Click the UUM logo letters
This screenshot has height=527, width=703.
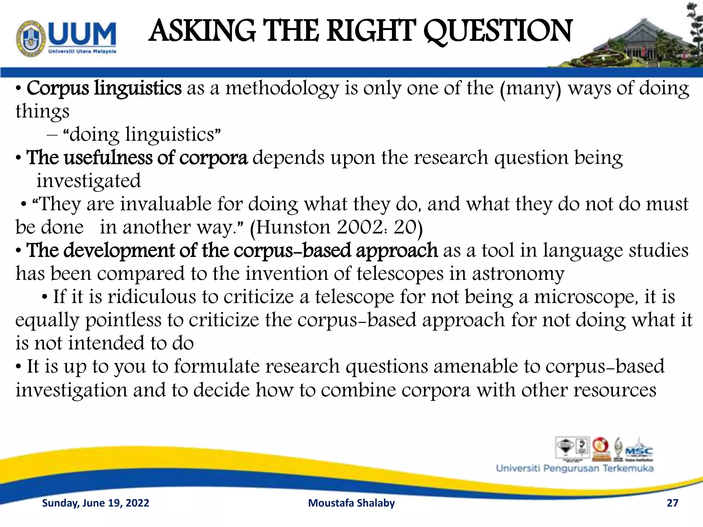(x=82, y=34)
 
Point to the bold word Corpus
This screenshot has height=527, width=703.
(x=58, y=89)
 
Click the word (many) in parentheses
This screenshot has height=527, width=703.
(x=530, y=89)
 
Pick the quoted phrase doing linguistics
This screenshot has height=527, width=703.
(x=141, y=134)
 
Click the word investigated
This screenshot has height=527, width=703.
(x=89, y=181)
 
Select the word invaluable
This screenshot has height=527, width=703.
(x=165, y=204)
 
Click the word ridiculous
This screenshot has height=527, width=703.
(x=151, y=297)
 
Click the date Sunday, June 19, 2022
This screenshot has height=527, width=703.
(x=95, y=503)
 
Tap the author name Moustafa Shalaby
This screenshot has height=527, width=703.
(x=351, y=503)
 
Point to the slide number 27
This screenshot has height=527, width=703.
(x=672, y=503)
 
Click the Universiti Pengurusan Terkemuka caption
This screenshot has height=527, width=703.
(x=575, y=468)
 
